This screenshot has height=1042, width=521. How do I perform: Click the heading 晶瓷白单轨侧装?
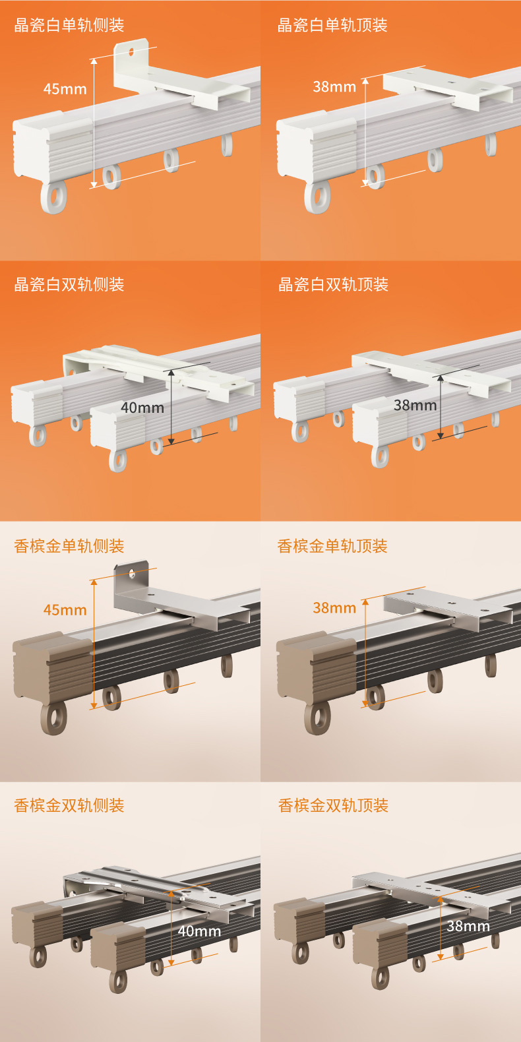point(69,25)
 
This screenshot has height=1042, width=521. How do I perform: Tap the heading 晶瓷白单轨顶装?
point(332,25)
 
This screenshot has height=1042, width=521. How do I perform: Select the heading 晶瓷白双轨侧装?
point(69,284)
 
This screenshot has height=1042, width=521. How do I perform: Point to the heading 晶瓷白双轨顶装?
point(333,284)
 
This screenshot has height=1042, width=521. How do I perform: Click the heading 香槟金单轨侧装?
point(69,545)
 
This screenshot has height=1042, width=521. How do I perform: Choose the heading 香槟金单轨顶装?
point(332,545)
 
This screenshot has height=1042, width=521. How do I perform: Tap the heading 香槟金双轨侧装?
point(69,805)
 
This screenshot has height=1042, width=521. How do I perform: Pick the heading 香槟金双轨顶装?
point(333,805)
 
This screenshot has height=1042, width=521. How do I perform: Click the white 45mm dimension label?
point(65,89)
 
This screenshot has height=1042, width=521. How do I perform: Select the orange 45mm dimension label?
point(65,610)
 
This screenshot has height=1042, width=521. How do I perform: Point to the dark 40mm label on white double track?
point(142,408)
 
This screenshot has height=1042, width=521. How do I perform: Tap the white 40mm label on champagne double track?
point(199,931)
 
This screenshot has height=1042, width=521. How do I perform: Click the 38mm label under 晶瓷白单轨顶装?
point(334,86)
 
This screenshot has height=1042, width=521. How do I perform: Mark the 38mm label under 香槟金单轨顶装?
point(334,607)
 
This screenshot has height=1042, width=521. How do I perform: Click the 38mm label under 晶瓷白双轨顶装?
point(415,405)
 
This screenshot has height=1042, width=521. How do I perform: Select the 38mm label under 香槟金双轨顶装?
point(468,926)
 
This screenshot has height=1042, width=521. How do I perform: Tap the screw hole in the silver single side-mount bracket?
point(132,573)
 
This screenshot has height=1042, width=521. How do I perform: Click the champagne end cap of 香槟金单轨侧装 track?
point(53,666)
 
